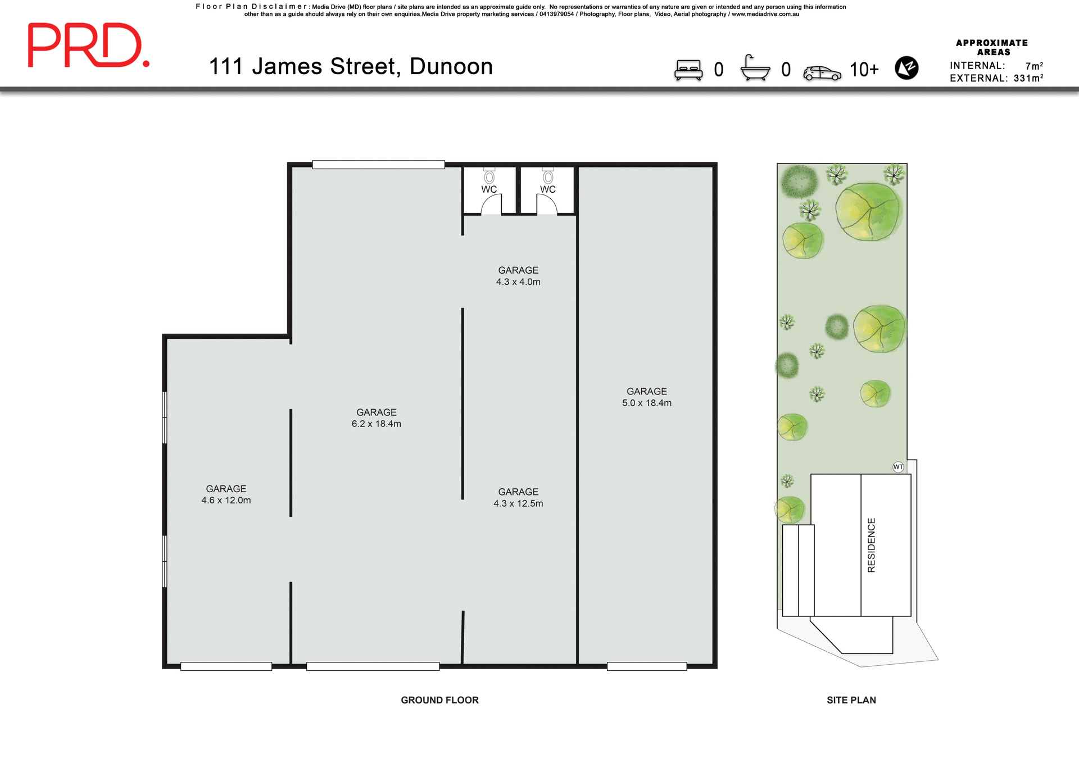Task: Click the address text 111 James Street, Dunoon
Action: [x=351, y=66]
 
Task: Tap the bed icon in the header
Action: [x=688, y=70]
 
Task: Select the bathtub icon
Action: [x=755, y=69]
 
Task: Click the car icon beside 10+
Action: [x=822, y=73]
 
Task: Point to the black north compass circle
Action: [x=906, y=68]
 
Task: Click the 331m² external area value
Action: [x=1028, y=78]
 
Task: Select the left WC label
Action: [x=489, y=189]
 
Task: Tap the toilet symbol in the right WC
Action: [x=548, y=176]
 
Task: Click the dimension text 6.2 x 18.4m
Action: [x=377, y=424]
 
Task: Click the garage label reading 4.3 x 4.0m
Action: [x=518, y=281]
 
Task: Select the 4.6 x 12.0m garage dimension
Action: [x=226, y=500]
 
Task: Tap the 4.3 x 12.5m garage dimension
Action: [x=518, y=503]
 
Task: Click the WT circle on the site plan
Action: [x=898, y=467]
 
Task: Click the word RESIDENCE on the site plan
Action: [x=871, y=545]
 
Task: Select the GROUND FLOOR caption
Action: [x=439, y=700]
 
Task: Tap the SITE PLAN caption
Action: [x=851, y=700]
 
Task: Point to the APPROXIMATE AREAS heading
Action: [x=992, y=47]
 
